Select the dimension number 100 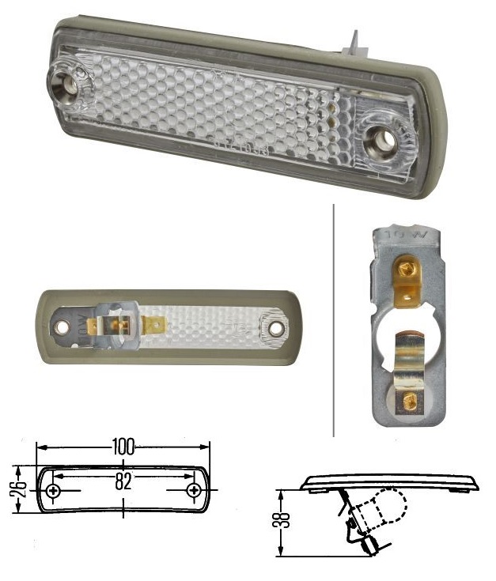[x=123, y=445]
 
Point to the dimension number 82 [x=123, y=481]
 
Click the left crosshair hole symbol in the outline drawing [x=53, y=491]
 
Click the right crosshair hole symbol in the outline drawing [x=194, y=491]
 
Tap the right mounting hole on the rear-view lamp [x=275, y=327]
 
